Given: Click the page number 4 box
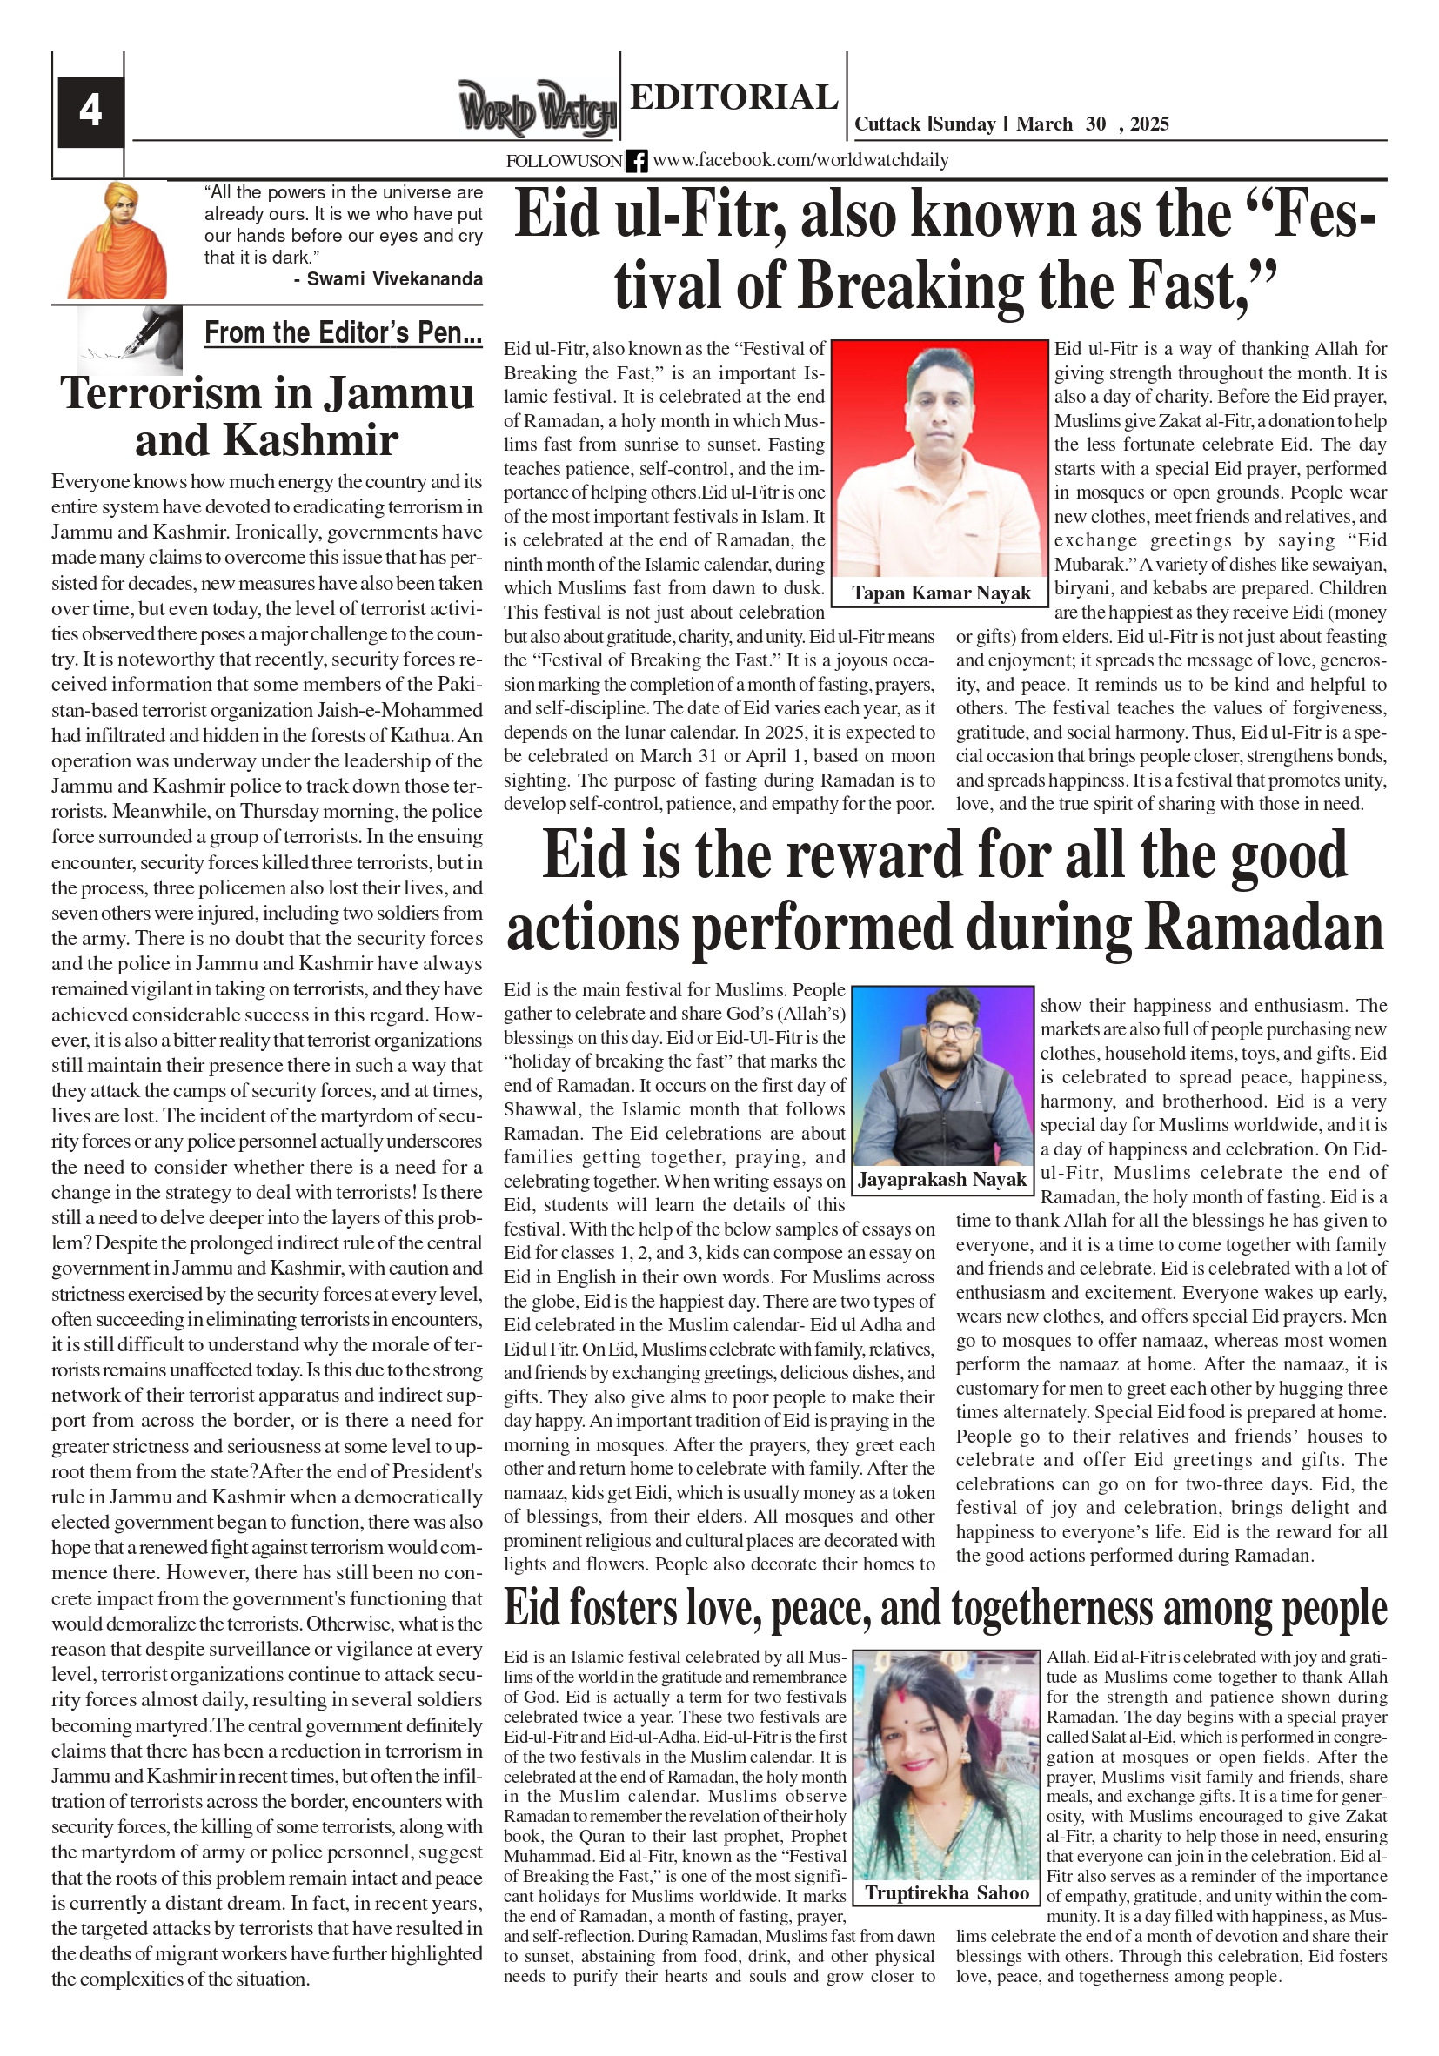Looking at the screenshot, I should click(x=90, y=111).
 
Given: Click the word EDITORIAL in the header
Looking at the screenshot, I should click(x=733, y=97).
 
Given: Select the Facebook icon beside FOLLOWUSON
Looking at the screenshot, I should click(x=636, y=161).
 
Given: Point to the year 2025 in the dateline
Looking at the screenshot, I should click(x=1149, y=124).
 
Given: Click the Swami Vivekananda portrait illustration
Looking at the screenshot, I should click(x=117, y=242).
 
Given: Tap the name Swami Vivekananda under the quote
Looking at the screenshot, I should click(x=394, y=279).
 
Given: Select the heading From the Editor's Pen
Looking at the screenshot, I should click(x=343, y=333).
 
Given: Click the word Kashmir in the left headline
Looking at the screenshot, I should click(x=310, y=439).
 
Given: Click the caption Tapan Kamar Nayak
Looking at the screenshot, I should click(x=940, y=593).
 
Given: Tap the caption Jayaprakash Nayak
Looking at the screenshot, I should click(x=942, y=1179).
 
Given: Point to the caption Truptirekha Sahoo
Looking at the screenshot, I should click(x=947, y=1892).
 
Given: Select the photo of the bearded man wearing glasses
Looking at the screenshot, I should click(x=942, y=1075).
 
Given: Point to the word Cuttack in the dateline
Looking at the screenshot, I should click(x=887, y=124).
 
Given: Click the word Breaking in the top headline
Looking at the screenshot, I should click(x=911, y=285).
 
